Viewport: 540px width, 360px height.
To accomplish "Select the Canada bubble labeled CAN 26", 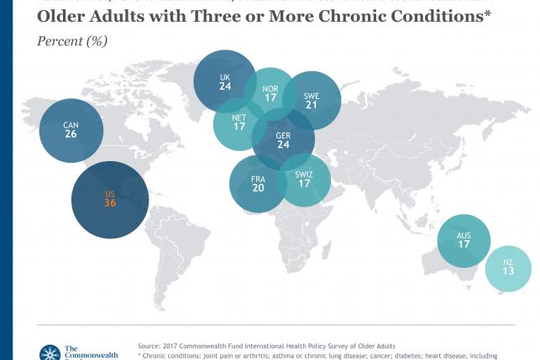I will point(71,131).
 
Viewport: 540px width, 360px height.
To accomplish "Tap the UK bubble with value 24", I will point(225,81).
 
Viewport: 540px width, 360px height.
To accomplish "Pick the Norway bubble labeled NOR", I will point(271,93).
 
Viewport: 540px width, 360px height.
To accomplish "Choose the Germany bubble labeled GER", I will point(283,138).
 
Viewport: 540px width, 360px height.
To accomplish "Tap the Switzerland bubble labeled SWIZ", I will point(303,180).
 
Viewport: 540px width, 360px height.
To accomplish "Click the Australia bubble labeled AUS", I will point(464,241).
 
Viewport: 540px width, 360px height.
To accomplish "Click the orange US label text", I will point(109,194).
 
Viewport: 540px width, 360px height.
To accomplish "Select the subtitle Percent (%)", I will point(73,40).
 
